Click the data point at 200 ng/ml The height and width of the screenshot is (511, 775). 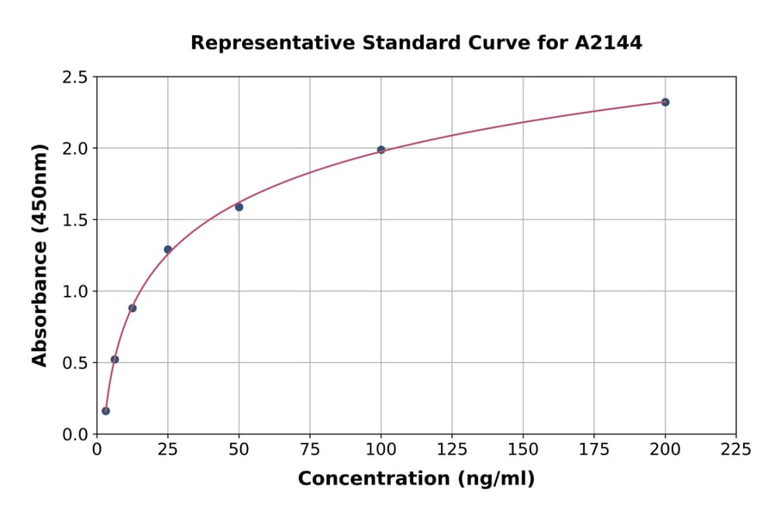665,102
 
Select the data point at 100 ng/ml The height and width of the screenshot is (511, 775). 381,150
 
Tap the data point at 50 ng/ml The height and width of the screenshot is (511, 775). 239,207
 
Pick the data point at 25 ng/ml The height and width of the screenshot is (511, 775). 168,249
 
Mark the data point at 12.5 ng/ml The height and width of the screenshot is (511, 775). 133,308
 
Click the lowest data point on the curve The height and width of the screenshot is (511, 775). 106,411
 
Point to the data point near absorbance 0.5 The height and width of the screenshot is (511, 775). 115,360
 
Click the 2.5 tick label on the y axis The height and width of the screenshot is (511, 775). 75,77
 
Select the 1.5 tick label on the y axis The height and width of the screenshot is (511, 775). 75,220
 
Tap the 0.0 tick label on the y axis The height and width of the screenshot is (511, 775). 75,434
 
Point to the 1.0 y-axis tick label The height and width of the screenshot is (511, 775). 75,292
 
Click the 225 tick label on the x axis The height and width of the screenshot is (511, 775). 735,450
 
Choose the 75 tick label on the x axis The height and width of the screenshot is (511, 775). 310,450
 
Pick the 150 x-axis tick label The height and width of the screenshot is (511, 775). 523,450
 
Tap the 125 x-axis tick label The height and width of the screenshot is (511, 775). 452,450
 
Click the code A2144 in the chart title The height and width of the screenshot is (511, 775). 608,43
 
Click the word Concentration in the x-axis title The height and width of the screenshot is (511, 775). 374,479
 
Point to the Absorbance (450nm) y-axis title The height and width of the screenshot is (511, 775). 40,255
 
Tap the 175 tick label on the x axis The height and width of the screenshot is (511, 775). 594,450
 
